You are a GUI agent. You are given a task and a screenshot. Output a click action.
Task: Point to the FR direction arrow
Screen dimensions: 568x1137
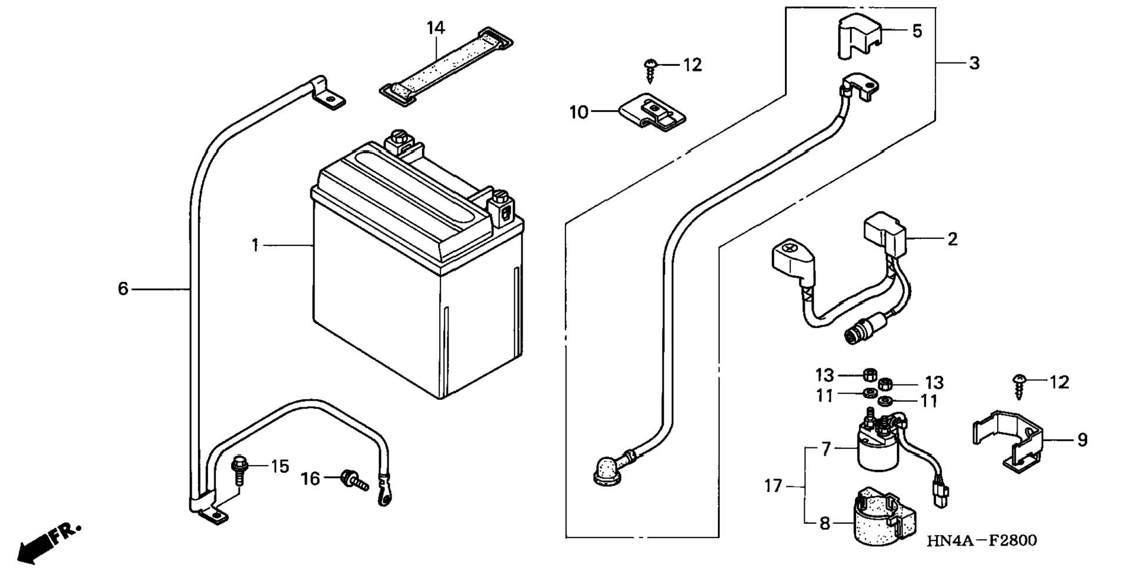pos(47,541)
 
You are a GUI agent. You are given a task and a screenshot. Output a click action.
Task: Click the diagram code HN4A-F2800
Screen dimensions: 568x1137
pos(981,540)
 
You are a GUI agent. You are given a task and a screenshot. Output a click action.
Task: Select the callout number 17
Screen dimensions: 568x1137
pos(773,486)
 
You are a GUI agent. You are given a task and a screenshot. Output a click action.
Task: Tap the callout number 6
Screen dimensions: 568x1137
pos(123,288)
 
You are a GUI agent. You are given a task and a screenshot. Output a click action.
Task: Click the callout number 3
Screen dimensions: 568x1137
pos(974,63)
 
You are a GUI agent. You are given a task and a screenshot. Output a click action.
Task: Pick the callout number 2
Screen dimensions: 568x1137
pos(952,239)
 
